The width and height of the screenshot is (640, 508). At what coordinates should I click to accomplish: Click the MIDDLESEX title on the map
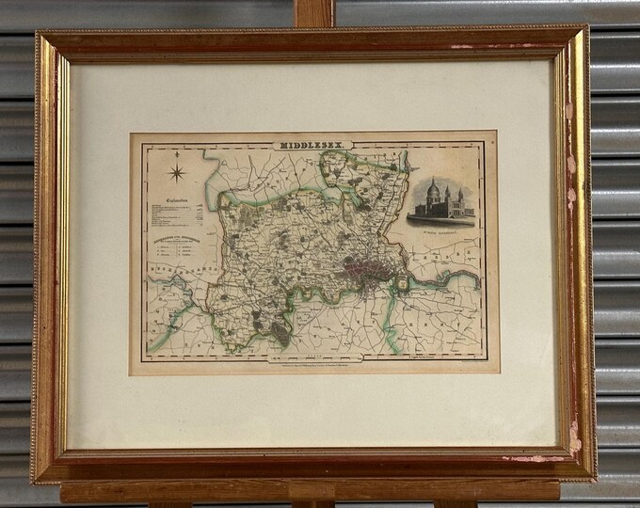click(x=308, y=145)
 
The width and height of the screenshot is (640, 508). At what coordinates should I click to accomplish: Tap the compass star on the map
click(x=176, y=173)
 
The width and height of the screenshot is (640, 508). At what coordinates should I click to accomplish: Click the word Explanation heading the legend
click(x=179, y=200)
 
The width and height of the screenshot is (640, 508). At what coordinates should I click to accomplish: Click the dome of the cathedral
click(x=433, y=188)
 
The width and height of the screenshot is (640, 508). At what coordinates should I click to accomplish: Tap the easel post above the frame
click(x=315, y=12)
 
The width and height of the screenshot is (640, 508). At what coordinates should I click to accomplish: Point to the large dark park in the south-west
click(x=280, y=330)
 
